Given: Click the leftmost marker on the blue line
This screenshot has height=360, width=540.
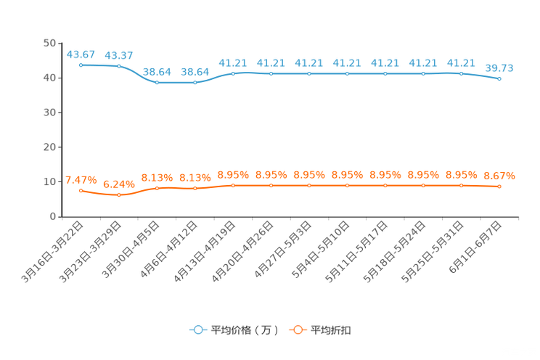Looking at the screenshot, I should coord(81,65).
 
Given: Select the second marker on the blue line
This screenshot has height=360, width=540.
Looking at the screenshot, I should coord(119,66).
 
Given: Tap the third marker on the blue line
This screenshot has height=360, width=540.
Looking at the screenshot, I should coord(157,82).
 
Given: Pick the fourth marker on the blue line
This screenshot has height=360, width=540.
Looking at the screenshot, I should coord(195,82).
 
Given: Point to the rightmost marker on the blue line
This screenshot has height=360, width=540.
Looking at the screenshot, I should coord(499,78).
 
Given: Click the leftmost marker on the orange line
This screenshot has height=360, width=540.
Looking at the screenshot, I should coord(81,191).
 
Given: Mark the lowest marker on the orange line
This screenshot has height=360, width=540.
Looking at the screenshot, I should coord(119,195).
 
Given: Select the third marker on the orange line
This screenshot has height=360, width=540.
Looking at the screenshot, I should coord(157,188).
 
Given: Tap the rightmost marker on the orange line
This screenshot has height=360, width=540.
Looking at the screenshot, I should coord(499,187).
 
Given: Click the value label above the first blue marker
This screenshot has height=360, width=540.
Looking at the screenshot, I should coord(81,54).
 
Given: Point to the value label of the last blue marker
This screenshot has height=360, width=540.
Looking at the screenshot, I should coord(499,67).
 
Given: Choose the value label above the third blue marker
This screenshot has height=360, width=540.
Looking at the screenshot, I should coord(157,71).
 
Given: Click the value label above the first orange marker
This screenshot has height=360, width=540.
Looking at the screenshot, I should coord(81,180).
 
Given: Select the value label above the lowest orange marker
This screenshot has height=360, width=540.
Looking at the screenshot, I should coord(119,184).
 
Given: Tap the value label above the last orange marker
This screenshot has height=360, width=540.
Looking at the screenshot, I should coord(499,176).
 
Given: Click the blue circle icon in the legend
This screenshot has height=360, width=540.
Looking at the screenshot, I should coord(197,330).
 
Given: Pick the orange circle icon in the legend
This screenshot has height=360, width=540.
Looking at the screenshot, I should coord(296,330).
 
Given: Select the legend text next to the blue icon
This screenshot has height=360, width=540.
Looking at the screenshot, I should coord(245,330).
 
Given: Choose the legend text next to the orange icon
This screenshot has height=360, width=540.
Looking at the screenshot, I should coord(332,330).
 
